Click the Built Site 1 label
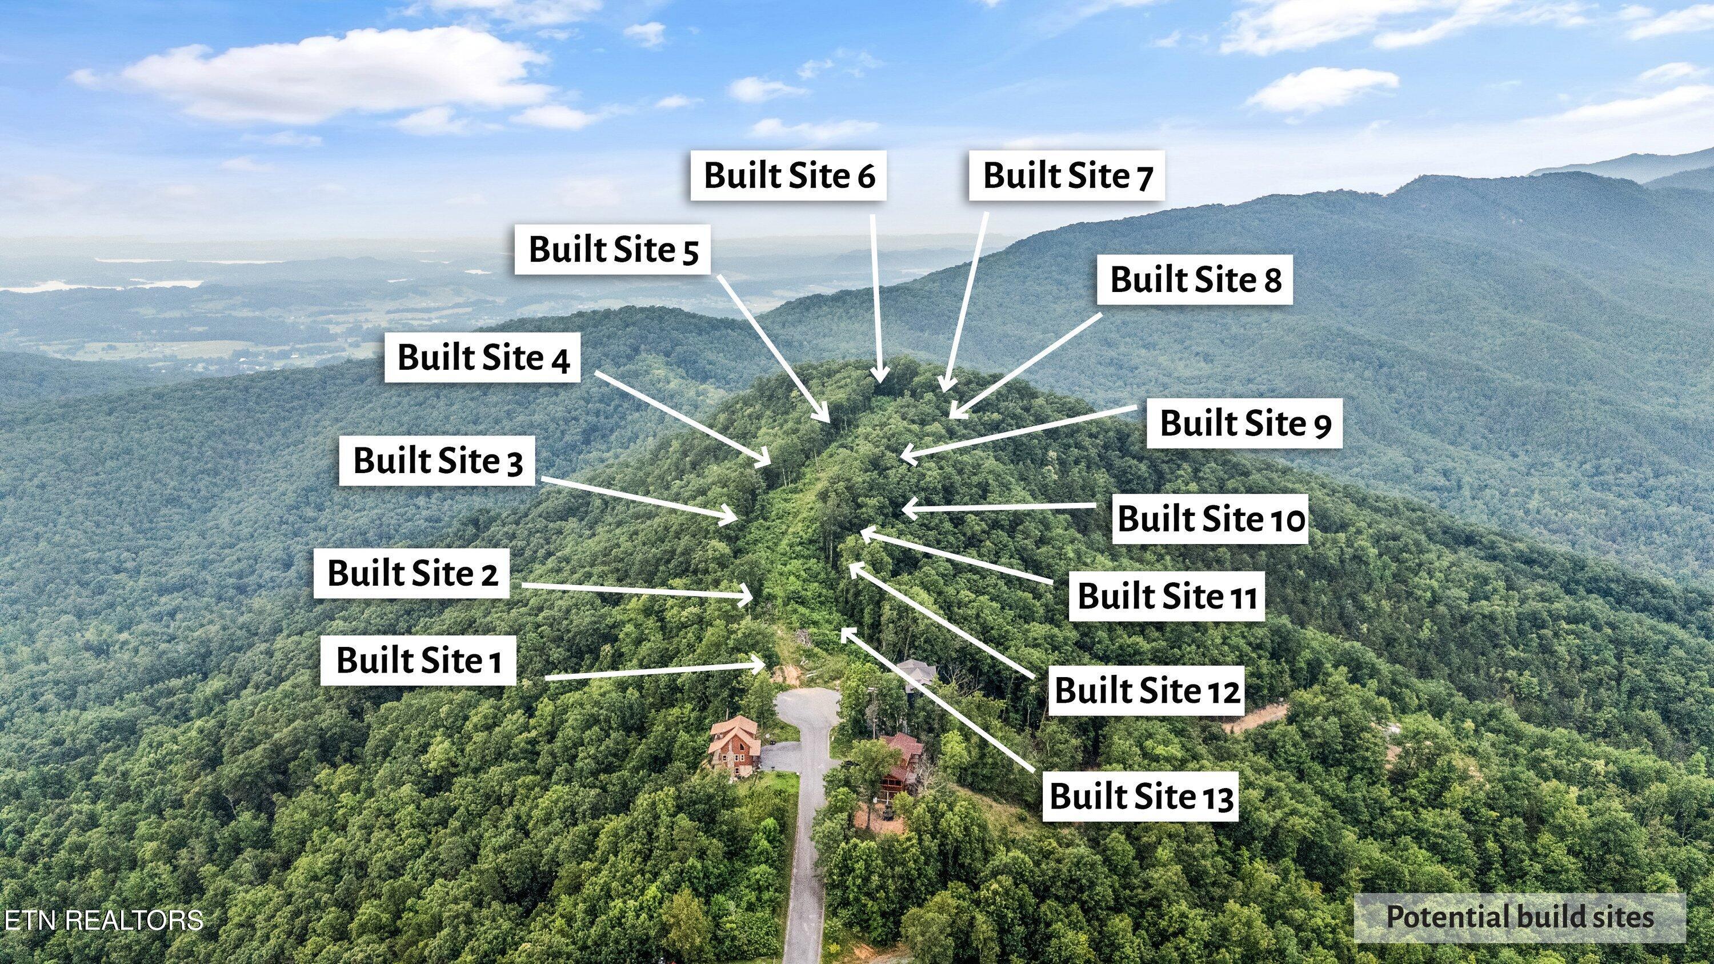point(419,660)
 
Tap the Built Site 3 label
point(437,461)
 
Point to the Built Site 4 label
point(482,357)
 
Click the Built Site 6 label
point(788,175)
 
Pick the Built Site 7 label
point(1067,175)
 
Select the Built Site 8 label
point(1195,279)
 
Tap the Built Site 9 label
point(1244,423)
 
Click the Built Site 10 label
point(1210,518)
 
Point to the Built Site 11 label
point(1167,595)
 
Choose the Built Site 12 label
point(1147,690)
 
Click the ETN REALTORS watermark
point(103,919)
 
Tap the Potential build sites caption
point(1520,918)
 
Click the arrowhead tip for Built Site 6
point(882,381)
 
